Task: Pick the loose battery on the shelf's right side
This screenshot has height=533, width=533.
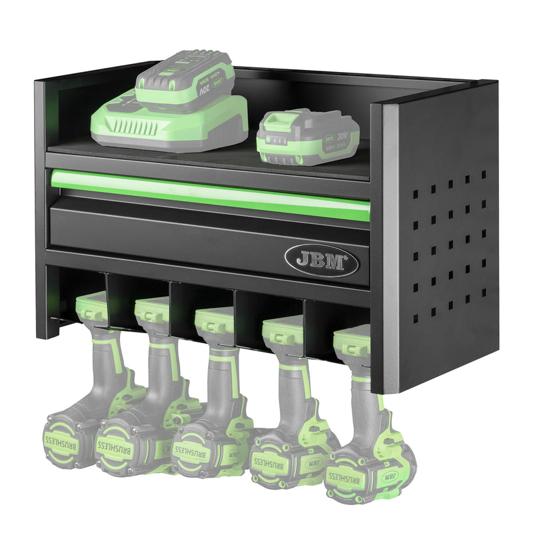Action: click(308, 137)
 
